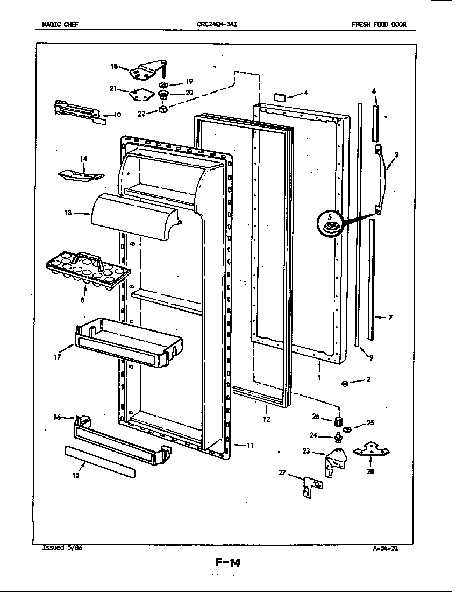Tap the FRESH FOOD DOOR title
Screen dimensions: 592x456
[379, 24]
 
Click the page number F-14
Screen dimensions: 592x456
[228, 563]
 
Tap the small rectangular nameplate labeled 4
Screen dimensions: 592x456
[281, 97]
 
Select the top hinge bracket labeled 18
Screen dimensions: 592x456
[145, 71]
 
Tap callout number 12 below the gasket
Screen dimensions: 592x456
[267, 419]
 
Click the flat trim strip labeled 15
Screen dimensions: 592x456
[99, 462]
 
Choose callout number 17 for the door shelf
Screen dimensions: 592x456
[57, 356]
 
